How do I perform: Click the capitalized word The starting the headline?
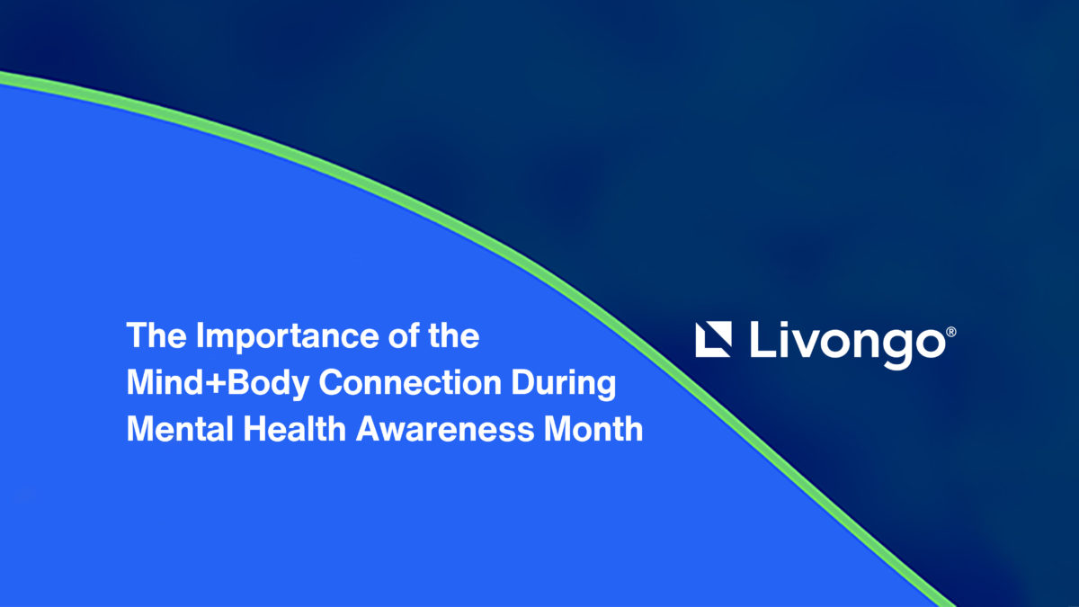(x=156, y=335)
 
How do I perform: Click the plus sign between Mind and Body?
(x=215, y=384)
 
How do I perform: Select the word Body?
(x=268, y=385)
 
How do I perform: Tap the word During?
(x=564, y=385)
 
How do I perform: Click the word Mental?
(x=180, y=428)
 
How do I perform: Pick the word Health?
(x=295, y=428)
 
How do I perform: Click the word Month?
(x=593, y=428)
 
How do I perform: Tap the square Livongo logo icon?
(x=713, y=339)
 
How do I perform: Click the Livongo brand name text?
(x=848, y=344)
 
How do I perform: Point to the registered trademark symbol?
(x=951, y=332)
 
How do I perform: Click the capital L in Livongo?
(x=763, y=339)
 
